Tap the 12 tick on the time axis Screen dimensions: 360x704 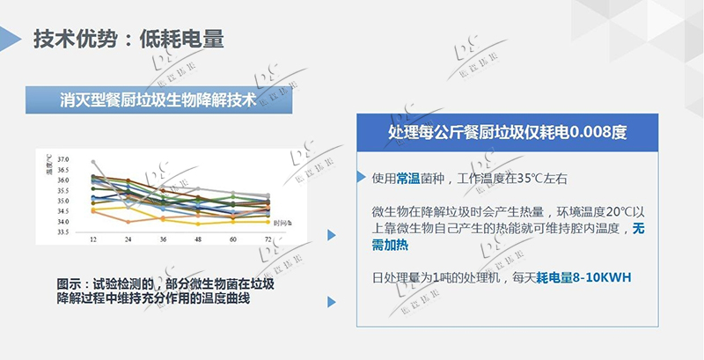[92, 239]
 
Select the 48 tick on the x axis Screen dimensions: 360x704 [197, 239]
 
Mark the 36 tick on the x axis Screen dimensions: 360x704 [163, 239]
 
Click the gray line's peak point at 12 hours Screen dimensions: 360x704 [93, 162]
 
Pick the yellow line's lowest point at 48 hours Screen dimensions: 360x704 [197, 224]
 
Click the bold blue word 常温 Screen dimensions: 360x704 [407, 178]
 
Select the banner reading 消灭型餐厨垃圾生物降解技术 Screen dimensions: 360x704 [158, 99]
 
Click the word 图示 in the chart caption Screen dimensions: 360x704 [70, 284]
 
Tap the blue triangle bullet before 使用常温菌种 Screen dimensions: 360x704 [361, 177]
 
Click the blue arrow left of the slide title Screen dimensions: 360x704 [11, 39]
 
